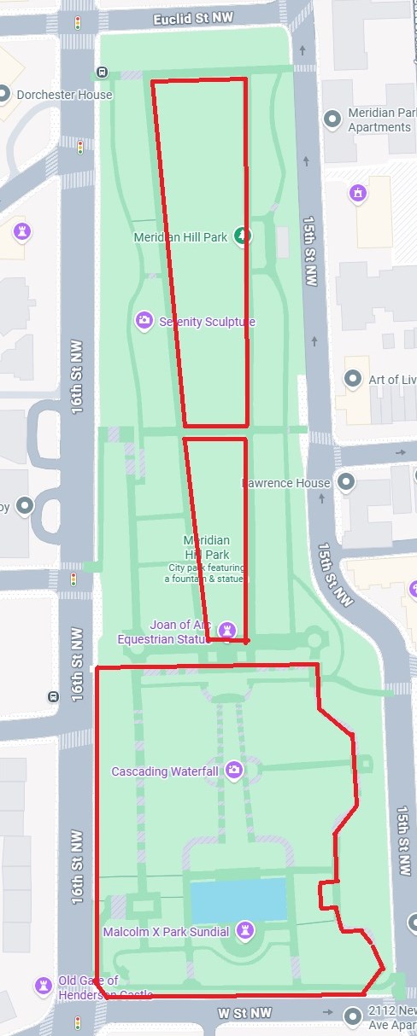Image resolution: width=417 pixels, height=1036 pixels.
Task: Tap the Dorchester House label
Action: tap(64, 95)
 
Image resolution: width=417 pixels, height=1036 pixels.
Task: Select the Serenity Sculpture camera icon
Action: tap(144, 321)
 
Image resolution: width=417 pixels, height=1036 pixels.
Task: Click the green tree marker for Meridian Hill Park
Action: tap(242, 236)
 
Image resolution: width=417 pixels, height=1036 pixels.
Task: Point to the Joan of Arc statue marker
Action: tap(226, 630)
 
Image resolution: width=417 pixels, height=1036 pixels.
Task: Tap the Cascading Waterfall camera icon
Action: tap(232, 771)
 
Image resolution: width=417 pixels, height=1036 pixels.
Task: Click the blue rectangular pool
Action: tap(238, 899)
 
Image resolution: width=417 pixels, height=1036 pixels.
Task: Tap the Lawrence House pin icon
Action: tap(346, 482)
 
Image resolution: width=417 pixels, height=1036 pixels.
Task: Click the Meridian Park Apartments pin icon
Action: tap(334, 119)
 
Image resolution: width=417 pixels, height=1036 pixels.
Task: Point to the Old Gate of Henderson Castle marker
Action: tap(44, 987)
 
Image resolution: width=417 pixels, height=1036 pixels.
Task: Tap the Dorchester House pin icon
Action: tap(4, 95)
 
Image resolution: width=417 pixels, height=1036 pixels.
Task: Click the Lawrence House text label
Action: tap(285, 483)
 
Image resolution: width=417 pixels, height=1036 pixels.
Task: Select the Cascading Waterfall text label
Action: tap(165, 771)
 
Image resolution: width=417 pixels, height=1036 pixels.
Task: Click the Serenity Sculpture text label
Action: tap(207, 322)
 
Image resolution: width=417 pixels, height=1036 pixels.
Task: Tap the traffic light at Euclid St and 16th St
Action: tap(79, 22)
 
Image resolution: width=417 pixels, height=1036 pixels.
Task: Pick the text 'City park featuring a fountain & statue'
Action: tap(206, 573)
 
